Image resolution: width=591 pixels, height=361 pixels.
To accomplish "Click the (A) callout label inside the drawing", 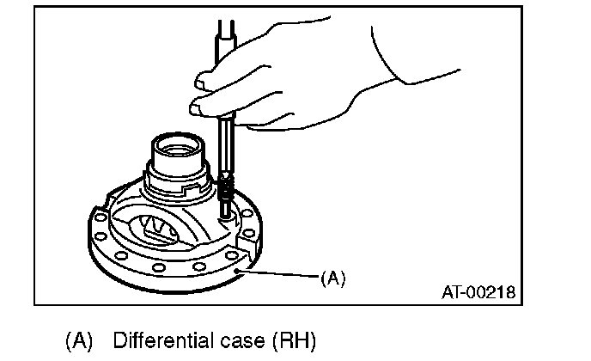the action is tap(332, 278).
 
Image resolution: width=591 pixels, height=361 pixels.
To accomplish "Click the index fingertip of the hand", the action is tap(201, 81).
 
